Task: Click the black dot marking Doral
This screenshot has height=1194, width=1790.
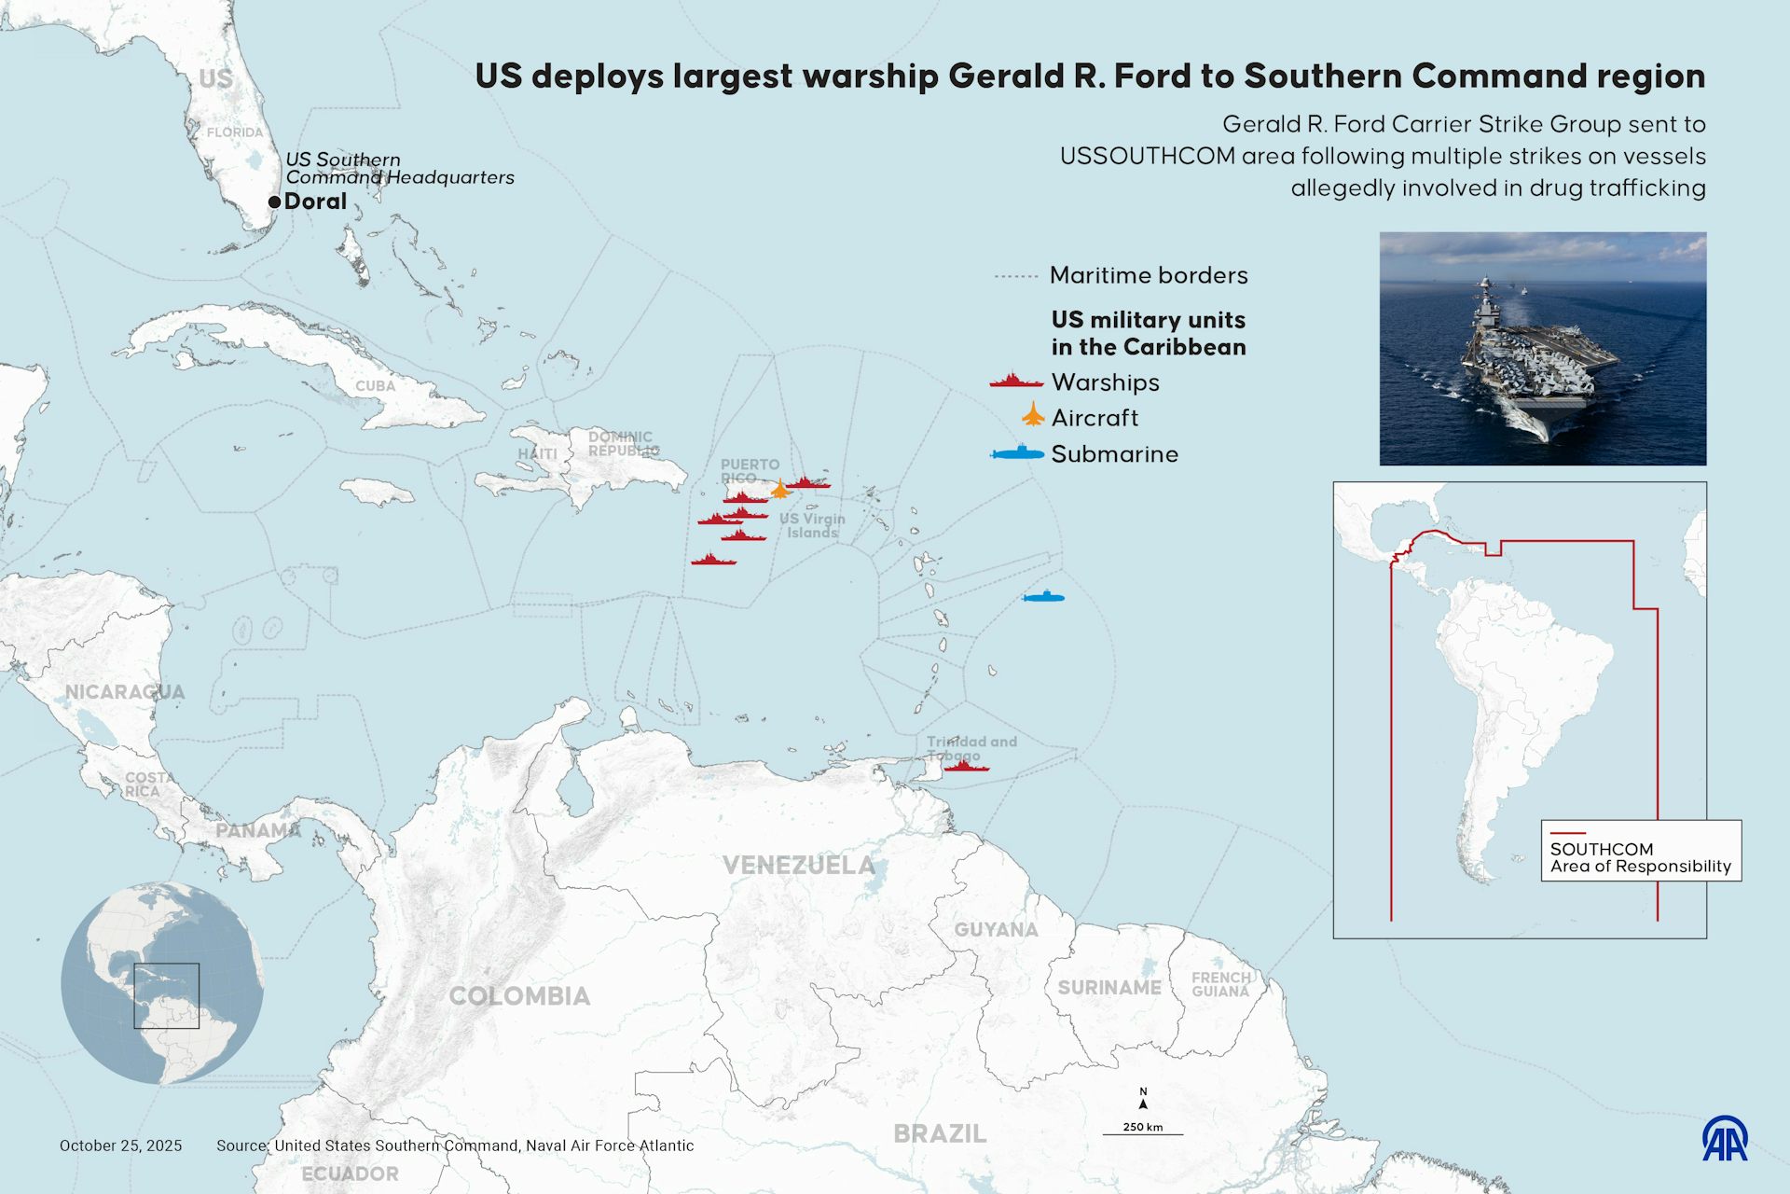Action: (274, 201)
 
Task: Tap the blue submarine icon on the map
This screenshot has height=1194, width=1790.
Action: (1043, 597)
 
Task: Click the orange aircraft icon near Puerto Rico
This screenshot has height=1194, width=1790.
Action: (779, 489)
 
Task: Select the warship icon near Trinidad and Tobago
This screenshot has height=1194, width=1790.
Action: (966, 767)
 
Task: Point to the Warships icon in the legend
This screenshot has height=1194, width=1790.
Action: (1015, 382)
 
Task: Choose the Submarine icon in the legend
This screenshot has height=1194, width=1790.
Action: (1016, 453)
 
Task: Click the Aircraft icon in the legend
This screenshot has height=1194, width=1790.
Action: (1033, 415)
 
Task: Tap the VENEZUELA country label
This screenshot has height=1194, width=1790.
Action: (799, 866)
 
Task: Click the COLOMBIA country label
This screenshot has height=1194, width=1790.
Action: (519, 996)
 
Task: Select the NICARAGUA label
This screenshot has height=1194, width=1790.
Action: (125, 692)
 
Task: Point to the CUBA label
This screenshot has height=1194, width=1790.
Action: (375, 386)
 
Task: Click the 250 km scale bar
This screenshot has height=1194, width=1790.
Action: (1143, 1133)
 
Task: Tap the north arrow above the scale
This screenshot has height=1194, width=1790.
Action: (1143, 1101)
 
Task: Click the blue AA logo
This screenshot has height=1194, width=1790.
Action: (1725, 1138)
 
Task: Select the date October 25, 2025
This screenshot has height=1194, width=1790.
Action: (121, 1145)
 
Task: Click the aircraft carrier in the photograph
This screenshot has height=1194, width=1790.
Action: (1538, 368)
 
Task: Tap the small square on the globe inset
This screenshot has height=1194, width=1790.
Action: (166, 995)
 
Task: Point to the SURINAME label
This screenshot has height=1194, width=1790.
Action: (1109, 988)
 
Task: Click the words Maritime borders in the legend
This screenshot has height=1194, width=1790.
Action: (1149, 275)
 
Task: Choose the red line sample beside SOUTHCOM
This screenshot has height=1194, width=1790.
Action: (1567, 833)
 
